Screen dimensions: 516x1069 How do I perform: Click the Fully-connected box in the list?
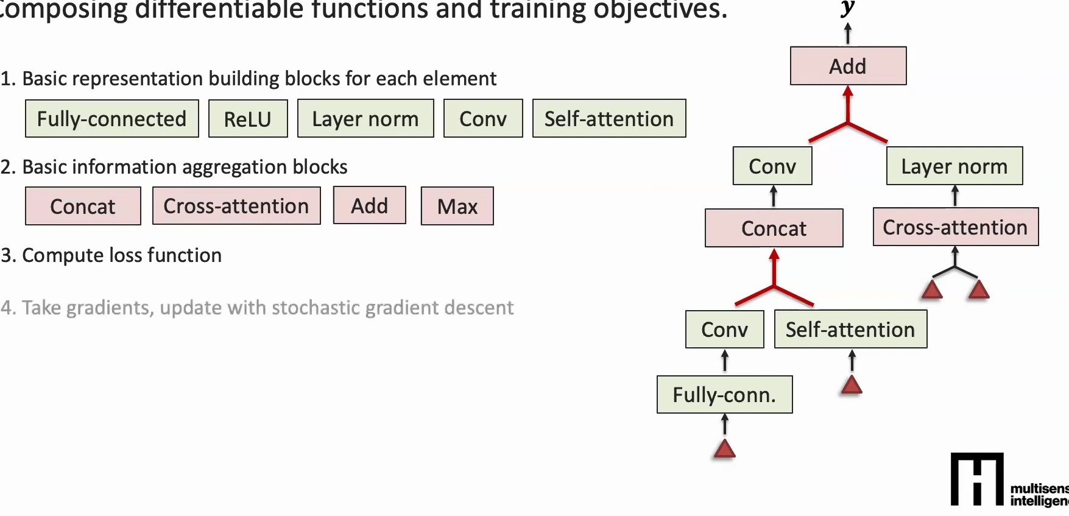pos(111,119)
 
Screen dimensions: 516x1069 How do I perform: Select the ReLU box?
pos(247,119)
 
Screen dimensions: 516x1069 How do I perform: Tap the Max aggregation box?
pos(457,207)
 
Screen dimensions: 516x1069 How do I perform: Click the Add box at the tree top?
pos(847,66)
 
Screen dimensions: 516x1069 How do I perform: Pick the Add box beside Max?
pos(369,206)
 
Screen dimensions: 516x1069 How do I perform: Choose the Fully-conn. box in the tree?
pos(724,395)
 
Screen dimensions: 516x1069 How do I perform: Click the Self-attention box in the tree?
pos(850,330)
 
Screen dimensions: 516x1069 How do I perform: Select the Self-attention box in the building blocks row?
pos(609,119)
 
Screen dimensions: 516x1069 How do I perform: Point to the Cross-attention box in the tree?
pos(955,227)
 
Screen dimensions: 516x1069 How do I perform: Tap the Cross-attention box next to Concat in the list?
pos(236,206)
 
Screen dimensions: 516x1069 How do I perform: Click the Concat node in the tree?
pos(774,228)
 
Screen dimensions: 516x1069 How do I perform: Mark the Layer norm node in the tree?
pos(954,166)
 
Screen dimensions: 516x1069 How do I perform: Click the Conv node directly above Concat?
pos(772,166)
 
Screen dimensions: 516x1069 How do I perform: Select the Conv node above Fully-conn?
pos(724,330)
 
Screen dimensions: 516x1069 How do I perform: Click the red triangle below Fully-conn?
pos(724,450)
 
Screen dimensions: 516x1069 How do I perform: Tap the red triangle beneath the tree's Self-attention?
pos(851,385)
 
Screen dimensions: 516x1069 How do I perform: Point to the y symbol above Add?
pos(847,9)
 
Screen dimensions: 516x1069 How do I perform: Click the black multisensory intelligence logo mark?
pos(977,479)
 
